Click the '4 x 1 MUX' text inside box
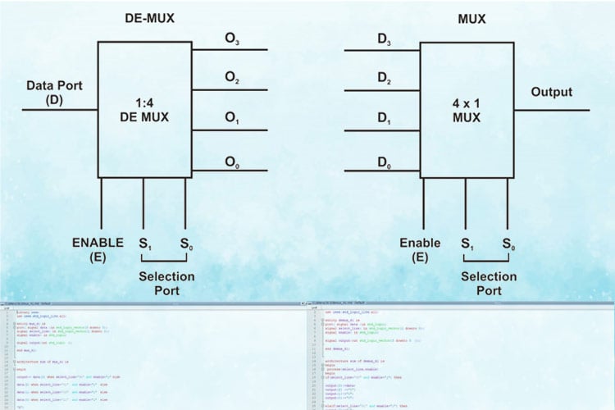pos(465,110)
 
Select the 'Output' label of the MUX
pos(551,92)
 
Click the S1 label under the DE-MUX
pos(145,244)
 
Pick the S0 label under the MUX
pos(508,244)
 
